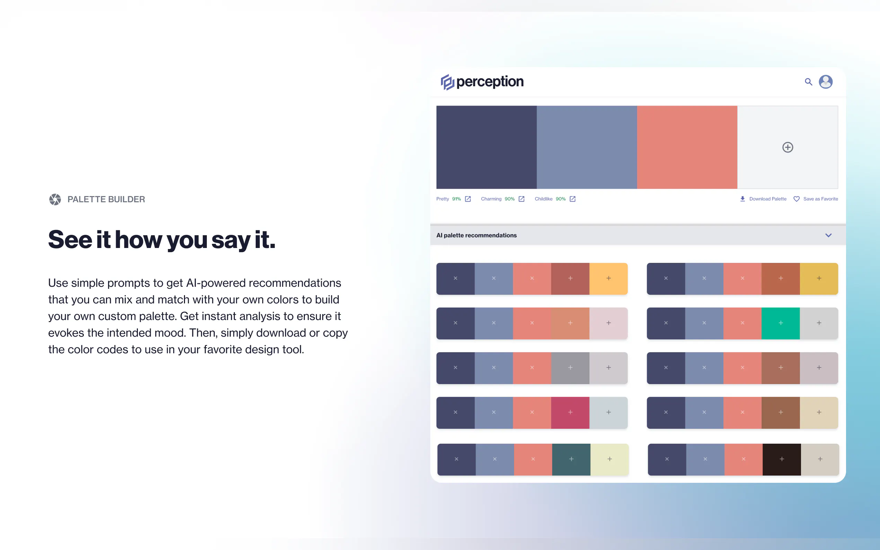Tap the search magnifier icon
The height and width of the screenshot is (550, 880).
[808, 82]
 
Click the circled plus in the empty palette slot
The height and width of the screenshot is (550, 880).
[787, 147]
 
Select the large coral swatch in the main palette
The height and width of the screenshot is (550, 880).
[687, 147]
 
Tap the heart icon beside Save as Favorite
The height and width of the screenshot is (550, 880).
[796, 199]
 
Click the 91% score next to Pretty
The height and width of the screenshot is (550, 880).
[457, 199]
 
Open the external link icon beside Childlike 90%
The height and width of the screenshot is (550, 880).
[573, 199]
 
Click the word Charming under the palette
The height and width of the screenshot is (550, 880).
[491, 199]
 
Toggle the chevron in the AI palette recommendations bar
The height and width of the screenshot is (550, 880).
[828, 236]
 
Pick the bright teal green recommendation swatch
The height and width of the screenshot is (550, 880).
[781, 323]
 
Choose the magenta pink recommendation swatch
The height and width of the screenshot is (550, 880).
[570, 412]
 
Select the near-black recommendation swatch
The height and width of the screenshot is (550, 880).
[782, 459]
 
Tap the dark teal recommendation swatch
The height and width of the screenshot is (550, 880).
[572, 459]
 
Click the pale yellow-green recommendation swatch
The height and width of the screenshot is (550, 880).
[610, 459]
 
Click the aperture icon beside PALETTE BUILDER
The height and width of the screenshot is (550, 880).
[55, 199]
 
